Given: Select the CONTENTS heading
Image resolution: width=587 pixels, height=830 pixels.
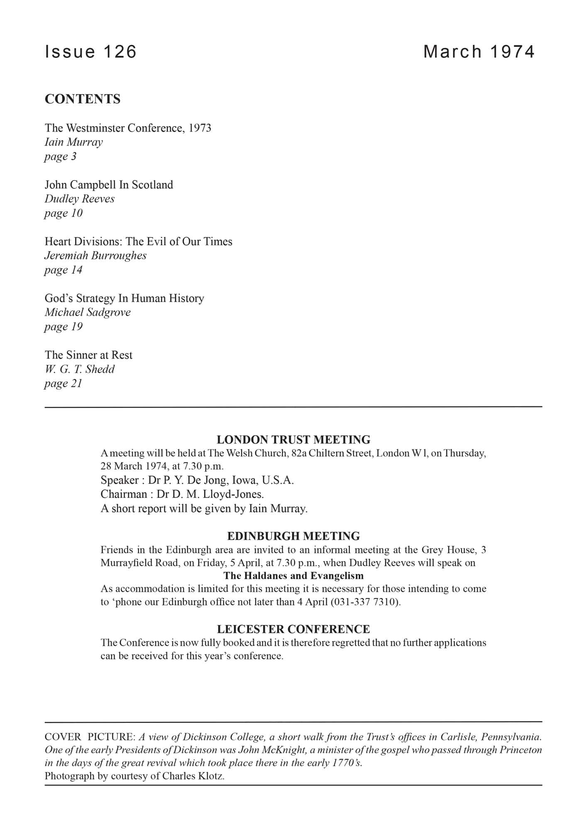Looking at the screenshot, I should pos(83,99).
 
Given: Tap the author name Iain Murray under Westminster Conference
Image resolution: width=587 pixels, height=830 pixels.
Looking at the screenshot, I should pos(73,142).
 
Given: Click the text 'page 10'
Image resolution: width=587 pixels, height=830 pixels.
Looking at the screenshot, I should pos(64,213).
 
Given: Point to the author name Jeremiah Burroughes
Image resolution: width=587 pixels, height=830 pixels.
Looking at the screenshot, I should pos(95,256).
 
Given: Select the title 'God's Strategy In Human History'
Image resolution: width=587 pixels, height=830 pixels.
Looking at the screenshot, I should pos(124,298).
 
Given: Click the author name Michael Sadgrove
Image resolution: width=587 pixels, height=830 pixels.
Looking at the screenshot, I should pos(88,312).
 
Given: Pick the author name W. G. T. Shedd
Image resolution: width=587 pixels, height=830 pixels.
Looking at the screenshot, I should pos(79,369).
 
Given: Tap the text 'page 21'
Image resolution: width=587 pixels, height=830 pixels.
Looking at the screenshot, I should pos(63,383).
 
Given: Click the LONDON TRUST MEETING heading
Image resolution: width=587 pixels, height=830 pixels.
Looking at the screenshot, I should pos(293,439).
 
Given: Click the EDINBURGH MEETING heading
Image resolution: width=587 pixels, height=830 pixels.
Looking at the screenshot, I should pos(293,536).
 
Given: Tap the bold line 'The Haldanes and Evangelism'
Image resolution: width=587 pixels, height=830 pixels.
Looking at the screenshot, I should pos(293,576).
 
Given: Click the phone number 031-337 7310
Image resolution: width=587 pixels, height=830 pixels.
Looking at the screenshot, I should pos(365,602).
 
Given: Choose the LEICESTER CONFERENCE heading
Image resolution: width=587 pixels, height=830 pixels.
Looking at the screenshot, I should pos(293,629).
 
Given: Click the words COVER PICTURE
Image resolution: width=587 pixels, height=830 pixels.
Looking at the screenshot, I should pos(89,737).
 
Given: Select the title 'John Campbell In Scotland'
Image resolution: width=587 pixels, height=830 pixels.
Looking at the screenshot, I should pos(109,185).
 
